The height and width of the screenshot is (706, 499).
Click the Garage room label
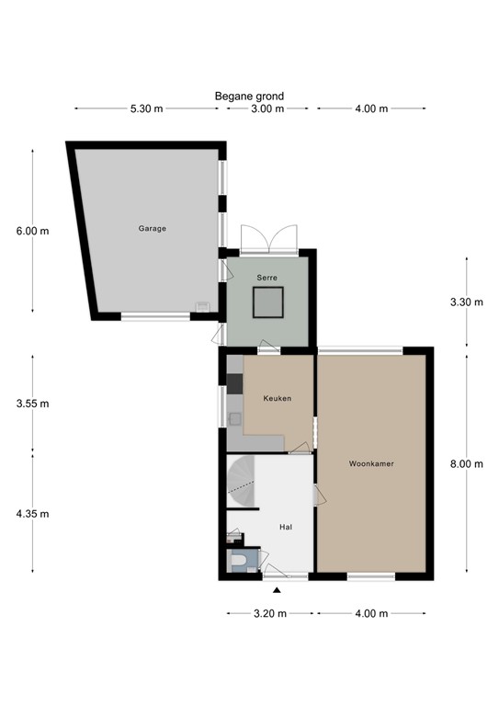click(152, 229)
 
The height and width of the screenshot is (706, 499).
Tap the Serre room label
click(267, 278)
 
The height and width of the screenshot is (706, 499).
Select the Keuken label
click(278, 398)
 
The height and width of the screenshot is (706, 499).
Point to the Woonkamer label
click(371, 463)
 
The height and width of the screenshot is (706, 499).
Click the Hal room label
click(286, 527)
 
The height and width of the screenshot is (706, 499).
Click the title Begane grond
click(249, 97)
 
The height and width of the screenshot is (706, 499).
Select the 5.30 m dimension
click(147, 108)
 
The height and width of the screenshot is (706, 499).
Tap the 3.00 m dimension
click(267, 108)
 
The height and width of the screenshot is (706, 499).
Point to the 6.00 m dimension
click(32, 232)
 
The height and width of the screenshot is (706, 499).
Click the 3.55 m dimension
click(32, 404)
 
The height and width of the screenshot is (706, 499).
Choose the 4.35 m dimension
click(32, 514)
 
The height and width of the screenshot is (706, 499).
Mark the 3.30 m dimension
click(467, 302)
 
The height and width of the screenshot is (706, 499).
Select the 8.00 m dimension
click(467, 463)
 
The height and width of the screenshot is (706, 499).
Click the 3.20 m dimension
click(270, 614)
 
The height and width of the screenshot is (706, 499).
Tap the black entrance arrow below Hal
click(277, 590)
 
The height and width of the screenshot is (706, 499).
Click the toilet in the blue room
click(237, 561)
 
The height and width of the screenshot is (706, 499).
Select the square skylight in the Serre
click(267, 302)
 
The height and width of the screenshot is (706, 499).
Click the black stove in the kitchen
click(234, 383)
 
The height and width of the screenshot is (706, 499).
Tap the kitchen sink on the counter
click(234, 419)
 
